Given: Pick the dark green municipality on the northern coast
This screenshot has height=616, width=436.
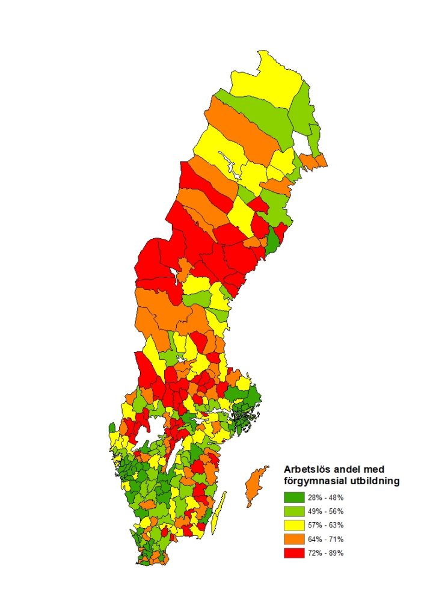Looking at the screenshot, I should pos(272,240).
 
